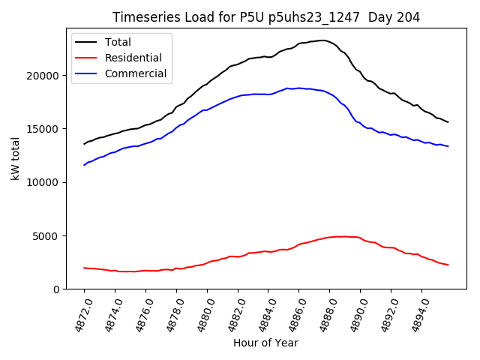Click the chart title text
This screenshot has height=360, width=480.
click(x=265, y=17)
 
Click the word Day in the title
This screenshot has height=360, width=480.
click(x=377, y=17)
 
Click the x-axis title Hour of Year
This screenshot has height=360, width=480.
click(x=265, y=343)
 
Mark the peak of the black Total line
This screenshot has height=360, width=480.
click(x=322, y=40)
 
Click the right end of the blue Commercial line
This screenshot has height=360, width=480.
click(x=448, y=146)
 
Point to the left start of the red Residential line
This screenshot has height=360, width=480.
click(x=84, y=268)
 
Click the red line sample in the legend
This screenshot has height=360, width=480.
click(x=88, y=58)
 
